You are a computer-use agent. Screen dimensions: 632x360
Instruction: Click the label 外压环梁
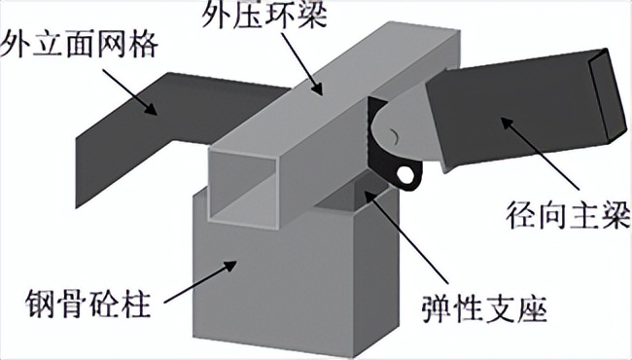(264, 17)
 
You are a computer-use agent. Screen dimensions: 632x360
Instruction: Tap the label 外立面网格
(78, 44)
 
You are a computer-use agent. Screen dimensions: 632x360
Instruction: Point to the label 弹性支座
(484, 309)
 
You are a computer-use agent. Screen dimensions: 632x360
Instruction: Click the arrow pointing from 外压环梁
(301, 63)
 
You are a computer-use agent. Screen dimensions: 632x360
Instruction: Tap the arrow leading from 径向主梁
(540, 154)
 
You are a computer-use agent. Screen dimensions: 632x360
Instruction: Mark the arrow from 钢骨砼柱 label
(200, 282)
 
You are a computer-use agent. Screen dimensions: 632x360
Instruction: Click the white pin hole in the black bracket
(405, 174)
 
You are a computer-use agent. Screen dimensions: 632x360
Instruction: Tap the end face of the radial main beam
(609, 95)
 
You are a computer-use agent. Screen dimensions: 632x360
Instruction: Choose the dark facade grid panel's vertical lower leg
(102, 169)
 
